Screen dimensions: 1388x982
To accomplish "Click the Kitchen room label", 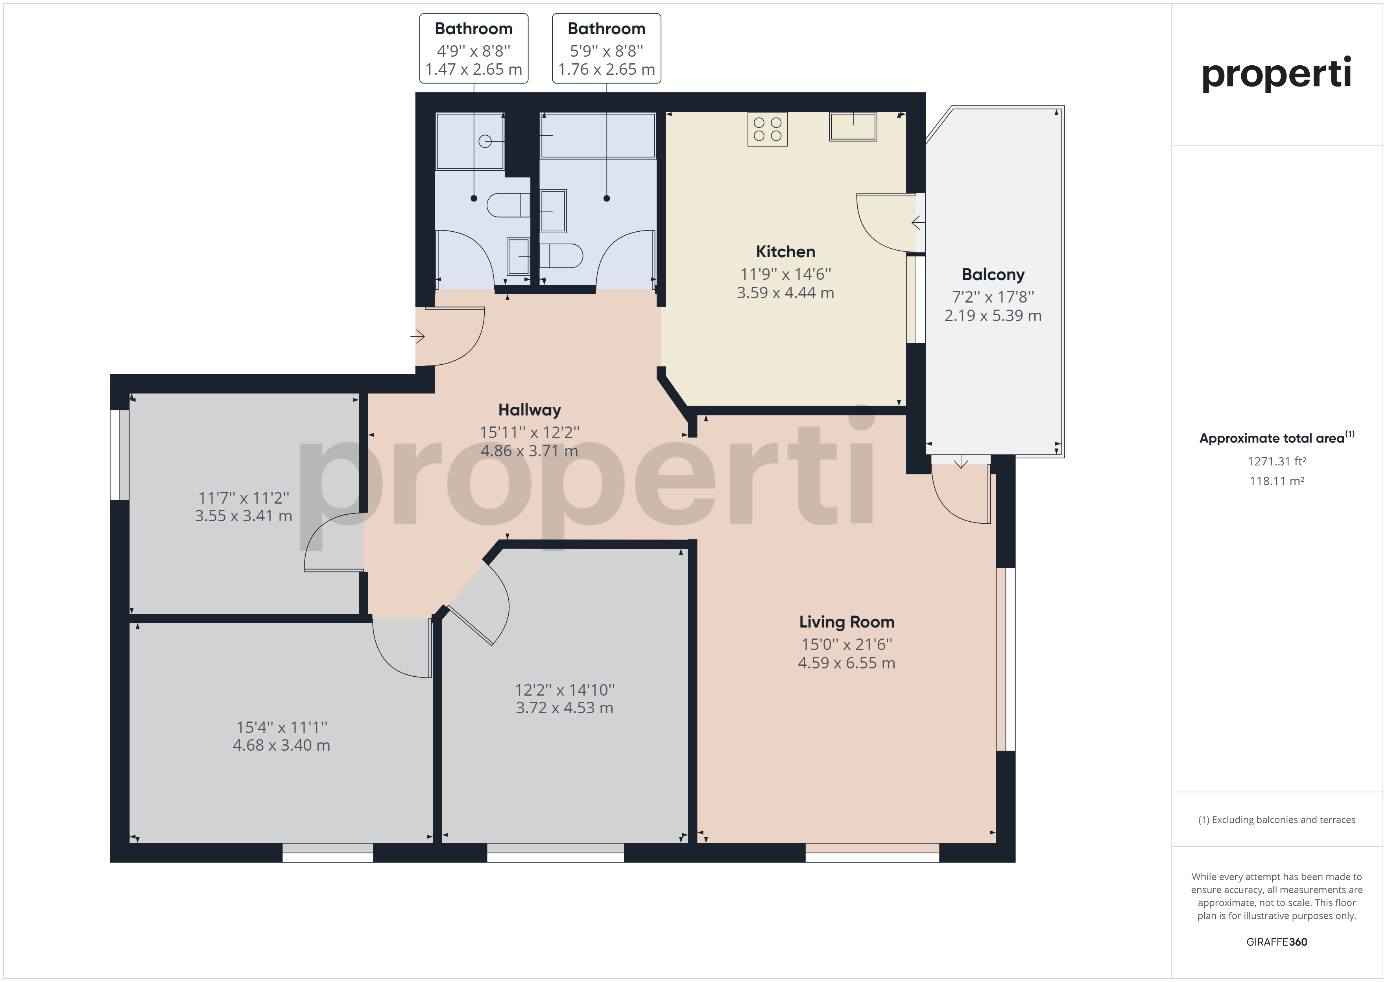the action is tap(785, 251).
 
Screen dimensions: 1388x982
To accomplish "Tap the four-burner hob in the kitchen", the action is tap(767, 129).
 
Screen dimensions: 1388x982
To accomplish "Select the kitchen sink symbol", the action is tap(853, 127).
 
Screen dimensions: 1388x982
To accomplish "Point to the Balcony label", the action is tap(993, 275).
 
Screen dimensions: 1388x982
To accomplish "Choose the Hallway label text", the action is tap(530, 410).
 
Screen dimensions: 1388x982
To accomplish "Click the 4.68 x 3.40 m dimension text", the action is tap(282, 745).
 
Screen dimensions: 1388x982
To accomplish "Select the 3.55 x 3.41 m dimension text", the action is tap(244, 516).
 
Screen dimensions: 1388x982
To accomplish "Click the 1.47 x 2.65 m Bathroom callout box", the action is tap(474, 48).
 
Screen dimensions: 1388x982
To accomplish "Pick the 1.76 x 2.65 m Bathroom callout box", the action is tap(606, 48).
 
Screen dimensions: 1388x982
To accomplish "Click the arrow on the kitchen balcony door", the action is tap(918, 223).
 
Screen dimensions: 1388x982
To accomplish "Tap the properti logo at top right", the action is tap(1276, 74).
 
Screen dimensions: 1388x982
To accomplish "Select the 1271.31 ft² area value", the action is tap(1277, 461).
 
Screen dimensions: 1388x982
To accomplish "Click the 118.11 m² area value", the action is tap(1277, 481).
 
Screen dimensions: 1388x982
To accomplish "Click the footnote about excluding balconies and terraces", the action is tap(1277, 820).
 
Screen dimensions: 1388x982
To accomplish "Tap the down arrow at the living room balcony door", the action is tap(961, 462).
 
